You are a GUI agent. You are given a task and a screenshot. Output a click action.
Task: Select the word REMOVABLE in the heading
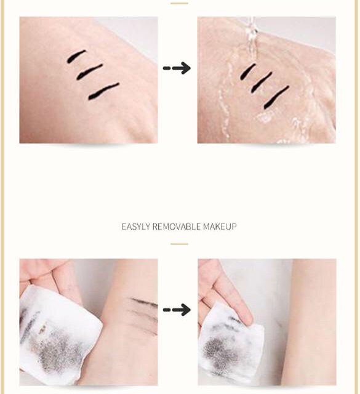(x=177, y=227)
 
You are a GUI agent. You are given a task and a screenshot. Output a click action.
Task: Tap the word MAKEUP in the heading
(x=220, y=227)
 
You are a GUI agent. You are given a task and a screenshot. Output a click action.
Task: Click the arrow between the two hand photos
(x=177, y=68)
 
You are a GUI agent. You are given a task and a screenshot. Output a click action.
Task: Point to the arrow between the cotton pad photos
(x=177, y=310)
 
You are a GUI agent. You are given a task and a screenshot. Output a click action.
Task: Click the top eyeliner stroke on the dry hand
(x=76, y=56)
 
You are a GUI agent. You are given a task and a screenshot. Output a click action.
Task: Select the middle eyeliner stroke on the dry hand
(x=89, y=72)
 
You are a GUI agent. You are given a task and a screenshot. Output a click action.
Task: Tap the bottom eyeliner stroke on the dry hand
(x=103, y=91)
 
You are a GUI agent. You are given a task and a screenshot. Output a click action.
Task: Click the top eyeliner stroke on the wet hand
(x=248, y=71)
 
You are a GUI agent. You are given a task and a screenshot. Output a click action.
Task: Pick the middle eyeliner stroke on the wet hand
(x=262, y=82)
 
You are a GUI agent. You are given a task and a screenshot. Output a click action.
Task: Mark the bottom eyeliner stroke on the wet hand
(x=276, y=97)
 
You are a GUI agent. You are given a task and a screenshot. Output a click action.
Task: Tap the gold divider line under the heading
(x=179, y=244)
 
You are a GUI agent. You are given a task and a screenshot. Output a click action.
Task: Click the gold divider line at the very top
(x=179, y=4)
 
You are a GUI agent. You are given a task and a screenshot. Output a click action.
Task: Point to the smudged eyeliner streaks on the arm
(x=143, y=314)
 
